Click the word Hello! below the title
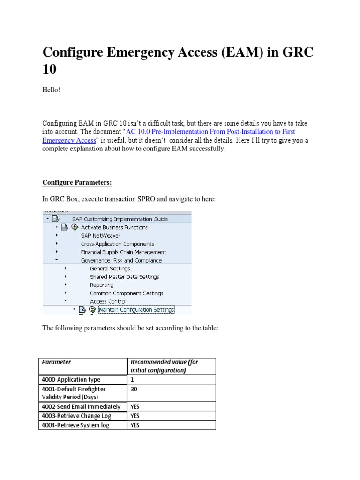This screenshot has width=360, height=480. click(52, 90)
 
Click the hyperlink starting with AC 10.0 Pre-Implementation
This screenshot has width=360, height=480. click(211, 132)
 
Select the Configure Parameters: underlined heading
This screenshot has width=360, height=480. click(77, 182)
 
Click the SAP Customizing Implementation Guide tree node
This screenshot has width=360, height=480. click(120, 219)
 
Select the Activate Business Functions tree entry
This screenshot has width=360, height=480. click(114, 227)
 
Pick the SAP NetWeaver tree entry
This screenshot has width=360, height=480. click(100, 235)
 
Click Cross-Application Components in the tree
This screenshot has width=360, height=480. click(117, 244)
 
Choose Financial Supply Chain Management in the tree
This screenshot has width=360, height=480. click(123, 252)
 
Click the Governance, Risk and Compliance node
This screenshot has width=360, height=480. click(121, 260)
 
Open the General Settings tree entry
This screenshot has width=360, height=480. click(110, 269)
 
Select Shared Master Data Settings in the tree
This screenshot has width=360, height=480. click(125, 277)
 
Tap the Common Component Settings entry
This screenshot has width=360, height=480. click(127, 293)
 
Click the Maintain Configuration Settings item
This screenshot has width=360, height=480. click(136, 309)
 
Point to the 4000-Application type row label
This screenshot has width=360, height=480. click(71, 380)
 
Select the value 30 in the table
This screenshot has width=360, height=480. click(134, 389)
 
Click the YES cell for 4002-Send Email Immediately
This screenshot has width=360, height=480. click(135, 406)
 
